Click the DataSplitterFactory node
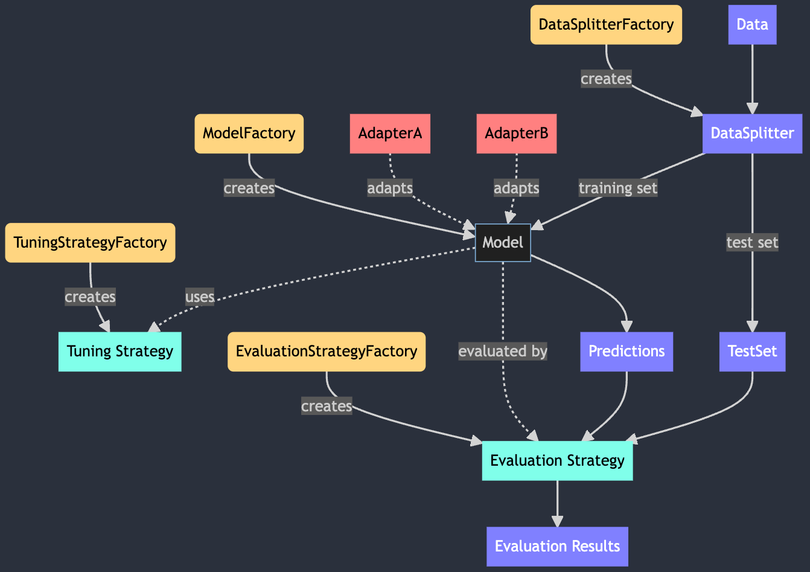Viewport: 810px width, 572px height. click(606, 25)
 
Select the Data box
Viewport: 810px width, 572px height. click(752, 25)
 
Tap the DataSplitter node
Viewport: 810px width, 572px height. click(752, 133)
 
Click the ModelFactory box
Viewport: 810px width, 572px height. click(249, 133)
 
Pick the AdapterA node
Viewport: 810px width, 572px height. click(390, 133)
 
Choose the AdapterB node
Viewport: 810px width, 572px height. click(516, 133)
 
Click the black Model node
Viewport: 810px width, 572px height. click(503, 243)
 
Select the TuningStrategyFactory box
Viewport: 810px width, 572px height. click(90, 243)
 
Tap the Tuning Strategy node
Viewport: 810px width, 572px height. click(120, 352)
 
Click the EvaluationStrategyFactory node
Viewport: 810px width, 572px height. click(327, 352)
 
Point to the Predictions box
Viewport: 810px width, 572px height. click(627, 352)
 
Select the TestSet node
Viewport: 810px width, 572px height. click(752, 352)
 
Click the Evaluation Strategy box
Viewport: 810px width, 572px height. click(557, 461)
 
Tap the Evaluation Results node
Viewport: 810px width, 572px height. click(557, 547)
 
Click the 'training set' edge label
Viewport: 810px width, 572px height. click(617, 188)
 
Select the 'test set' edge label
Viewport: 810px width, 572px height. click(752, 243)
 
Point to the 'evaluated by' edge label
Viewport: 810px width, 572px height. click(503, 352)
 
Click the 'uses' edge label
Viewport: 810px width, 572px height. click(200, 297)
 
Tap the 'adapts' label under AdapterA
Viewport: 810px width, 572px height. click(390, 188)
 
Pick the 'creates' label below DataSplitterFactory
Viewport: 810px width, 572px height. click(606, 79)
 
